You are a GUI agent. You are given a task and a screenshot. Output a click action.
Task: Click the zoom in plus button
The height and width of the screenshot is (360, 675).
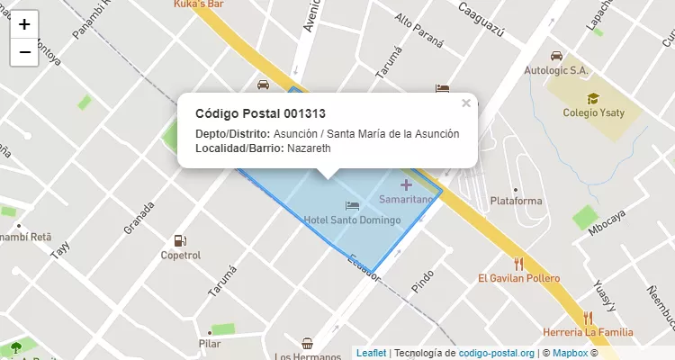(x=24, y=24)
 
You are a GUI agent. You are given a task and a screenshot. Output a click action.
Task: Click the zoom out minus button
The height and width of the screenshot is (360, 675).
(x=24, y=52)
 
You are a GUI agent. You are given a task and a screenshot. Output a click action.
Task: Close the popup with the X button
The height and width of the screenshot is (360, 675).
(x=466, y=103)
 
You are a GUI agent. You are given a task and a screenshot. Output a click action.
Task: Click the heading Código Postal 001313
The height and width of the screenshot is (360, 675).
(x=260, y=113)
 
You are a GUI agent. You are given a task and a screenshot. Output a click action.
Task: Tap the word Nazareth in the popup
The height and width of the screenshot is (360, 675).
(x=309, y=148)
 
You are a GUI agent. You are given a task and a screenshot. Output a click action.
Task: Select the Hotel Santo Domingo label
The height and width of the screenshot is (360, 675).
(x=352, y=220)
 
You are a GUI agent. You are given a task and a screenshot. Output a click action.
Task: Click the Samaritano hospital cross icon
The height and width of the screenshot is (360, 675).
(x=406, y=184)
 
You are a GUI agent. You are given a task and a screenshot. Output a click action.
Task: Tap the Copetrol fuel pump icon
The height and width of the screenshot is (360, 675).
(x=180, y=240)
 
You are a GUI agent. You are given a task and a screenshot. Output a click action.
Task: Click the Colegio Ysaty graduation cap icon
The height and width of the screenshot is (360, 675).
(x=592, y=99)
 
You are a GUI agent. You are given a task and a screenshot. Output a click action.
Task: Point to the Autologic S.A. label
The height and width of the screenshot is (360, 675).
(x=556, y=69)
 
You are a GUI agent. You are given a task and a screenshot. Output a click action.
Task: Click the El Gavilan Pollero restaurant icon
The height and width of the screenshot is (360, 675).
(x=518, y=264)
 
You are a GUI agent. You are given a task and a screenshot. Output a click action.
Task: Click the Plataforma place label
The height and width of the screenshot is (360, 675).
(x=515, y=201)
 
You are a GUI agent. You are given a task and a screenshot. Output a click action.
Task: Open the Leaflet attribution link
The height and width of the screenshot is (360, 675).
(x=370, y=353)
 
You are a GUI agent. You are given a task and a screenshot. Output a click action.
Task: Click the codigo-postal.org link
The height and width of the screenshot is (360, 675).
(x=497, y=353)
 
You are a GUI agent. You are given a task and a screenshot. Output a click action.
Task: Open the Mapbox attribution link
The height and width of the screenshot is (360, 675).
(x=570, y=353)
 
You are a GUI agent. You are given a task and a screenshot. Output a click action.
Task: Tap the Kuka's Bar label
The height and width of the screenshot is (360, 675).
(x=199, y=4)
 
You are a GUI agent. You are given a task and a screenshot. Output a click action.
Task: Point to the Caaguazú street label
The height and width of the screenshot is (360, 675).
(x=480, y=21)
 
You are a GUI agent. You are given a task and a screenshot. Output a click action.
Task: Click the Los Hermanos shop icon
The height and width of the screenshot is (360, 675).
(x=308, y=343)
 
